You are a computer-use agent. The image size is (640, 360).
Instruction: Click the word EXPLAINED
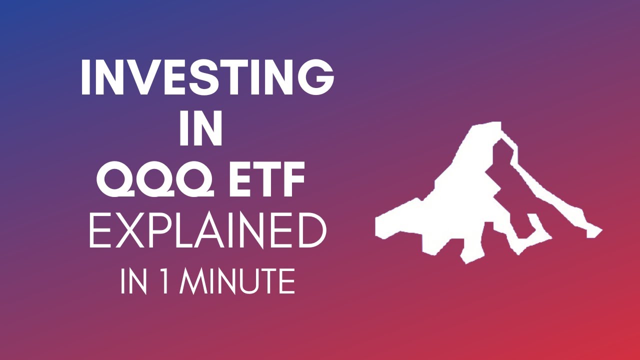click(x=207, y=231)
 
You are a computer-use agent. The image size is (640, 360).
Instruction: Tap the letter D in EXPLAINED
click(x=310, y=231)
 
